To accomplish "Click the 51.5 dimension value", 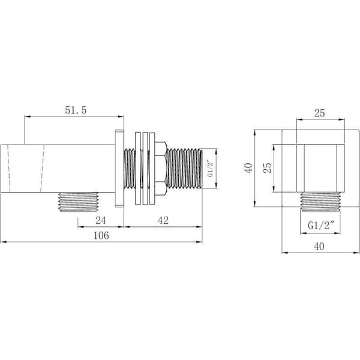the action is coord(76,110).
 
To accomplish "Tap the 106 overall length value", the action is coord(101,236).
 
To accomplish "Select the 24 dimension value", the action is coord(101,220).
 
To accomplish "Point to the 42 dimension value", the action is coord(163,220).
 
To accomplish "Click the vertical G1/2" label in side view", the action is coord(210,168).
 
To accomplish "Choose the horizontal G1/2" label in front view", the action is coord(320,226).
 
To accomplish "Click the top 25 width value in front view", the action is coord(320,113).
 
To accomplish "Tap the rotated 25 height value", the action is coord(267,168).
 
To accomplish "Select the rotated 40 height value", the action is coord(248,168).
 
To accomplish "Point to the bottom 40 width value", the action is coord(319,247).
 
